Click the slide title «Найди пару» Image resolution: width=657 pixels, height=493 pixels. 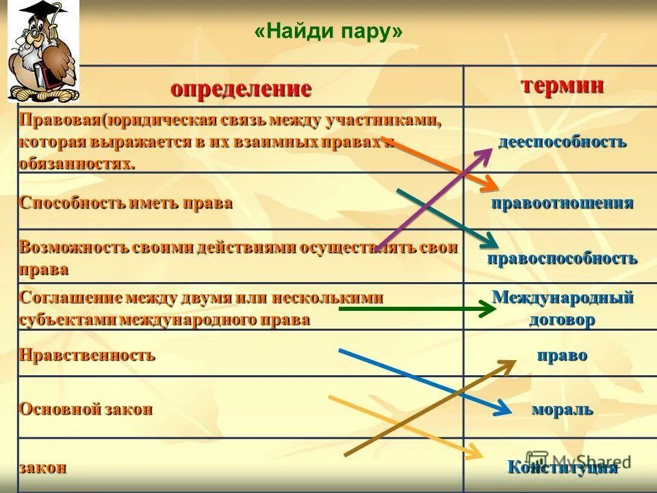[x=328, y=33]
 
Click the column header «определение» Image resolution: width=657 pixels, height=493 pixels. [x=241, y=88]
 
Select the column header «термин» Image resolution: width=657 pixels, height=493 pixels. [x=562, y=86]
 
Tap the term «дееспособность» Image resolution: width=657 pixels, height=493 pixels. [x=562, y=142]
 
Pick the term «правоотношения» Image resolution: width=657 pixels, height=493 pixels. [x=562, y=203]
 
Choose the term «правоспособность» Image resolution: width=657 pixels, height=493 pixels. [x=562, y=258]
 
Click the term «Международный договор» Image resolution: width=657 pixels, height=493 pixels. [x=562, y=309]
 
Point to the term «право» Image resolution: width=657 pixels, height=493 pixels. [x=562, y=355]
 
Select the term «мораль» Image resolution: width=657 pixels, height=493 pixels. [x=562, y=409]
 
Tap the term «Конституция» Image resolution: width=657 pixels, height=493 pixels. [x=562, y=468]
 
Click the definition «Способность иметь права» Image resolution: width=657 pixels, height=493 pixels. [x=126, y=203]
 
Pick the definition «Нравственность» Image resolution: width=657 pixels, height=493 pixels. [x=87, y=355]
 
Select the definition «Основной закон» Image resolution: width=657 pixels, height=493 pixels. [x=86, y=409]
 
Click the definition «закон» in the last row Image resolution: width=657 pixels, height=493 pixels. [x=42, y=468]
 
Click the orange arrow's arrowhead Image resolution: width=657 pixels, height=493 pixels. [x=490, y=185]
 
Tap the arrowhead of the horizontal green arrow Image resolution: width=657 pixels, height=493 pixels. [x=488, y=309]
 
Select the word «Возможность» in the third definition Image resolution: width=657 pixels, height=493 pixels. [x=67, y=247]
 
